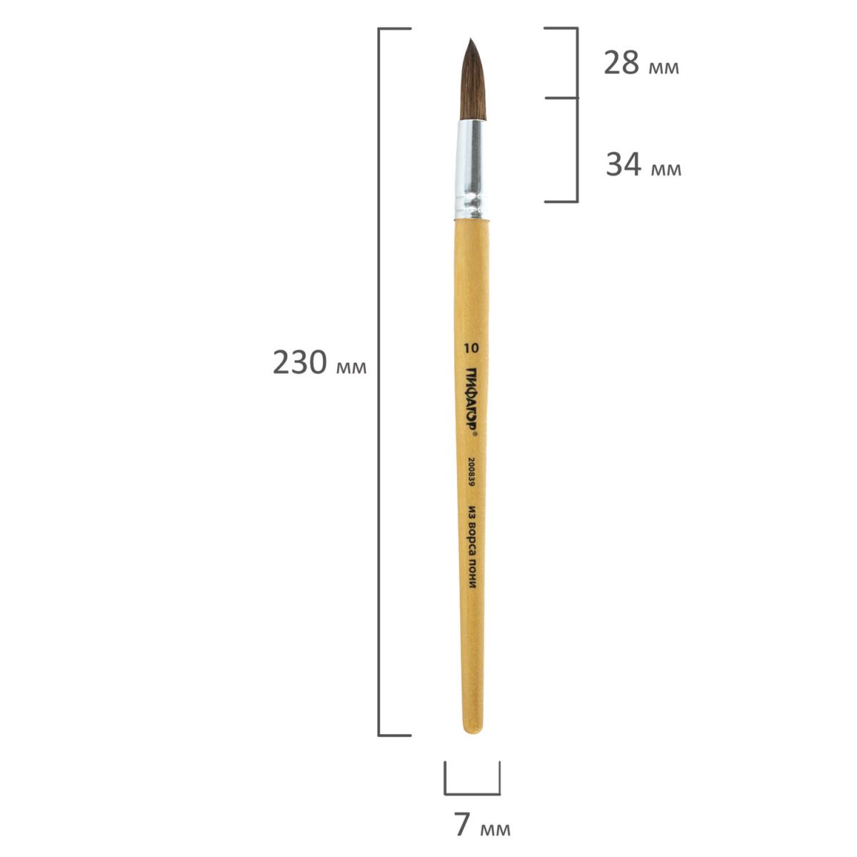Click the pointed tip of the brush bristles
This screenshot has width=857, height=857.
click(471, 39)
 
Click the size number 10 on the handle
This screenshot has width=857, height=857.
click(471, 349)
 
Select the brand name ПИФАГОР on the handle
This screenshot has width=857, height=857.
click(471, 399)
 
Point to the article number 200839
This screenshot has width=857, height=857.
click(471, 473)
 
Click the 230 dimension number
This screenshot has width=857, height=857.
click(300, 362)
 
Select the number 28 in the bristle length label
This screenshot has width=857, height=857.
click(621, 63)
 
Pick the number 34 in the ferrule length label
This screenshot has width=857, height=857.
click(623, 164)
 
